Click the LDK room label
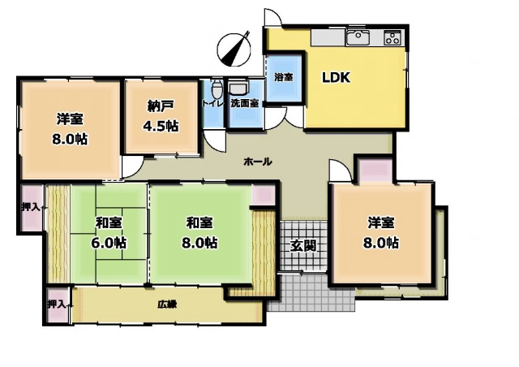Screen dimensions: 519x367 (337, 78)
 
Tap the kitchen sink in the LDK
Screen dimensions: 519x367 (358, 37)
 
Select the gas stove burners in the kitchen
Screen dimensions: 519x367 (392, 37)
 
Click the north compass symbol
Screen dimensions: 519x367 (234, 50)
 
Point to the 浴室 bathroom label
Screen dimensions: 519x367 (284, 77)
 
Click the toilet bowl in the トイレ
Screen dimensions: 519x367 (217, 88)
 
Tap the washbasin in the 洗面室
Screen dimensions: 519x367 (238, 89)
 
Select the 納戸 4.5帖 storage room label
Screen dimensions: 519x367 (161, 116)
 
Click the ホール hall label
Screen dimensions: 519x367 (258, 162)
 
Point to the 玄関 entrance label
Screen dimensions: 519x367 (302, 246)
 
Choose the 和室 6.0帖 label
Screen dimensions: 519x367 (109, 233)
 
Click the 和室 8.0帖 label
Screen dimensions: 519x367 (199, 233)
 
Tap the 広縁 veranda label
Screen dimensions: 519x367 (167, 304)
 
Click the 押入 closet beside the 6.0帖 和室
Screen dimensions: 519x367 (32, 208)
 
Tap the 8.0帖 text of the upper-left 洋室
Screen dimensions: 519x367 (70, 139)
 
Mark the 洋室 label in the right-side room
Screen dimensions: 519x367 (380, 222)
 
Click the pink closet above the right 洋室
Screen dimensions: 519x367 (376, 170)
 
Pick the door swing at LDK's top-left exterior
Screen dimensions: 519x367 (273, 16)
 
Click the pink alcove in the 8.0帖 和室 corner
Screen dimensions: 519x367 (264, 195)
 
